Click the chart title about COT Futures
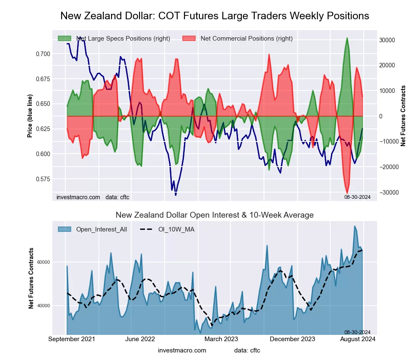pos(215,16)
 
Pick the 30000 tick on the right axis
pos(388,40)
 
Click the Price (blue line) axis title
pos(30,116)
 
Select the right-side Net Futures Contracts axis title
pos(403,116)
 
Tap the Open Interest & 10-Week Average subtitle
pos(215,215)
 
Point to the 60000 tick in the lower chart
pos(44,262)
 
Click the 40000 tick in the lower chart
pos(44,306)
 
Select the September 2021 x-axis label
pos(72,339)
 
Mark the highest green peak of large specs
pos(347,38)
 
